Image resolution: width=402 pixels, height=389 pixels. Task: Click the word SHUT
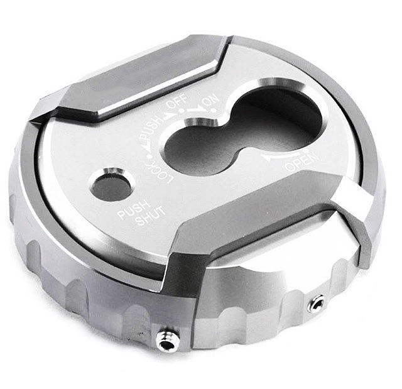pos(151,216)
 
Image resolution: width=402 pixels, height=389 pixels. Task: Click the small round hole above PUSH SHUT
pos(111,184)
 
